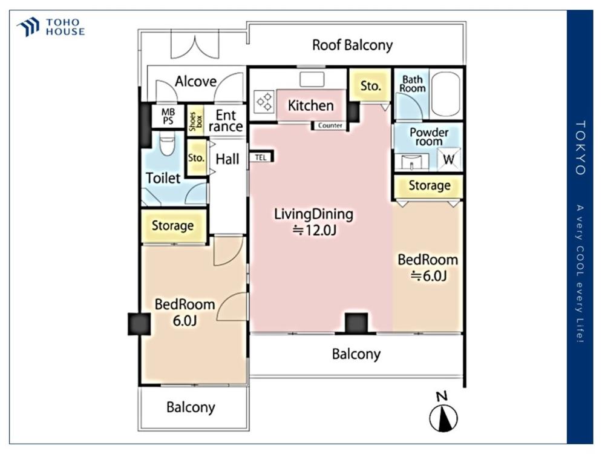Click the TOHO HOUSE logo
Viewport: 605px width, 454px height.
[x=51, y=27]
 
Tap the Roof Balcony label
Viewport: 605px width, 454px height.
[x=352, y=45]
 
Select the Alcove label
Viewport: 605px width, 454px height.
[x=195, y=81]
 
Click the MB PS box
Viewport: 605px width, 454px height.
[x=168, y=116]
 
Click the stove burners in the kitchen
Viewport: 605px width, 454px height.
[x=265, y=102]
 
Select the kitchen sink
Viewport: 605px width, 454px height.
[x=312, y=80]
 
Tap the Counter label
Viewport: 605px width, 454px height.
[x=330, y=125]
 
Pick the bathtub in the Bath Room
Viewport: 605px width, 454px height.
[x=446, y=94]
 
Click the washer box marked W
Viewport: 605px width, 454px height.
[x=449, y=159]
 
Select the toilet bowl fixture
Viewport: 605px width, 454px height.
[x=167, y=143]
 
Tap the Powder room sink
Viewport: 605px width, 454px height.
[x=411, y=162]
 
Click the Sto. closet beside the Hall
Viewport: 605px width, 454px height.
[x=197, y=158]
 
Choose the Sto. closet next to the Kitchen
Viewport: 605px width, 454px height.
[x=370, y=85]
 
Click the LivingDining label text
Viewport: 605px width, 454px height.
[x=313, y=214]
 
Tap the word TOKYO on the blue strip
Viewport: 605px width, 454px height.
[x=581, y=148]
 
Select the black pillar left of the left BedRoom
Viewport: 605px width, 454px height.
[x=139, y=324]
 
